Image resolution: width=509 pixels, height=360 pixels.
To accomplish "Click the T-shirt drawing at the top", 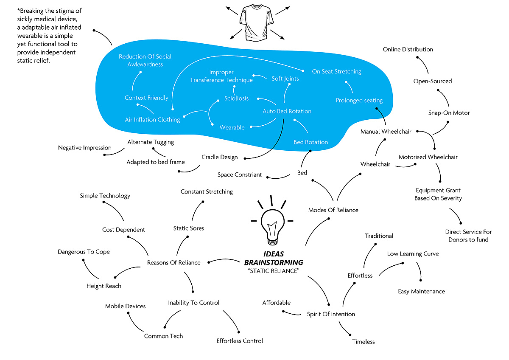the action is click(x=256, y=23).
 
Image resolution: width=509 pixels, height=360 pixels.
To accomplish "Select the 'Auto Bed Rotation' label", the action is click(x=287, y=111).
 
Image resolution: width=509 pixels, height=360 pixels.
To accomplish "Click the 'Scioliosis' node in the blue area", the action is click(x=236, y=98).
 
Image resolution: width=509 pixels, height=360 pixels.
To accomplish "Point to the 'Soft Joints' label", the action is click(x=285, y=79).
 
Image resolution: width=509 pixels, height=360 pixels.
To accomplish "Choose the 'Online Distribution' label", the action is click(x=408, y=49).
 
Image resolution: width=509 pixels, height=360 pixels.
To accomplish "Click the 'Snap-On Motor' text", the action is click(x=449, y=113).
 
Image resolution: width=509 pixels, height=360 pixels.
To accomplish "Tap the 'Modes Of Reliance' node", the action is click(x=333, y=210).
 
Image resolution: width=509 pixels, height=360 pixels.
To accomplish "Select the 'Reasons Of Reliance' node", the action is click(x=173, y=262).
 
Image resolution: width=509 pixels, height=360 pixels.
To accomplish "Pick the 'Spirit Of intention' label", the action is click(x=331, y=314).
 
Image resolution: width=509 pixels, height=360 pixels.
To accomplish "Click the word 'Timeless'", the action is click(x=364, y=342).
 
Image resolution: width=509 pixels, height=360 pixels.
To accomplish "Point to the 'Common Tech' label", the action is click(x=163, y=336).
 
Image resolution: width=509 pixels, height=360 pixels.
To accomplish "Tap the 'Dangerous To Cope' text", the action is click(x=84, y=252).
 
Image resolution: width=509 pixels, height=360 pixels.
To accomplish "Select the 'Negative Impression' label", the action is click(x=85, y=148).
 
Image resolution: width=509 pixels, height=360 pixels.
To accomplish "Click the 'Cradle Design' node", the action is click(x=220, y=157).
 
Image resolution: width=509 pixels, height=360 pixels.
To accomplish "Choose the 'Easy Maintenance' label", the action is click(x=421, y=291).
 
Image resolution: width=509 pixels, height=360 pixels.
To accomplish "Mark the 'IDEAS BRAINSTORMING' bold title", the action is click(x=274, y=258).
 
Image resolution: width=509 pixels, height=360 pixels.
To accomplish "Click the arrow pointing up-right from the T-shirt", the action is click(x=282, y=11).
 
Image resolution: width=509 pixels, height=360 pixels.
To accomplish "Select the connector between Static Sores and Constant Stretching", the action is click(x=196, y=211).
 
